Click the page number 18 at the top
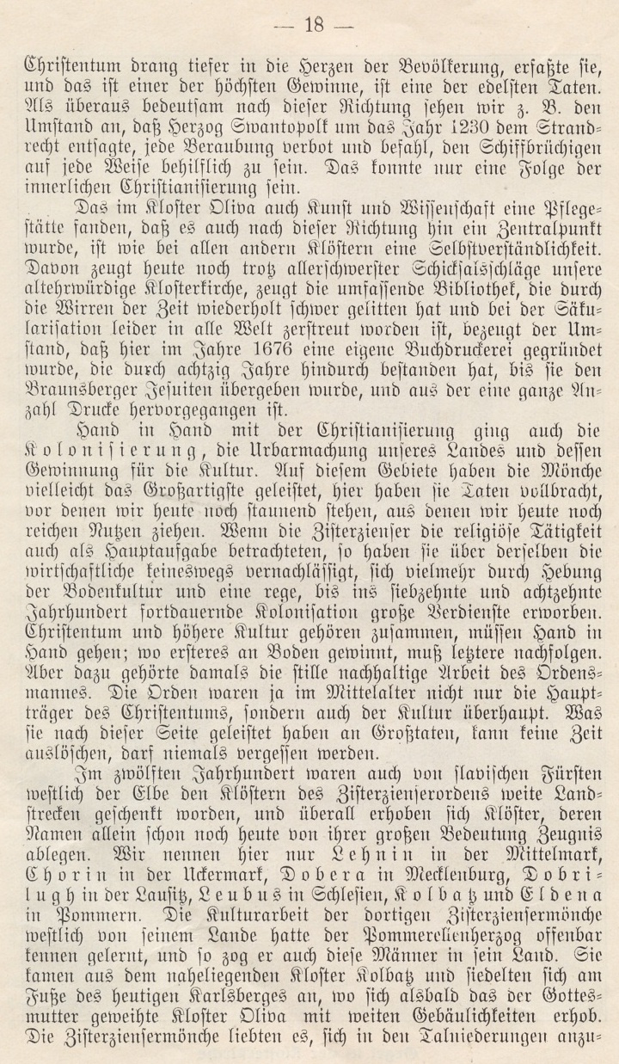(309, 25)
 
